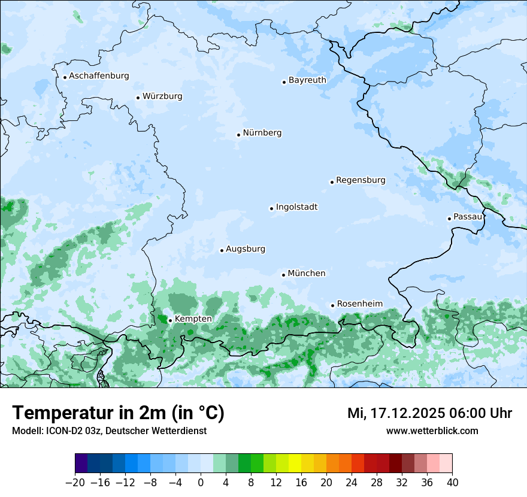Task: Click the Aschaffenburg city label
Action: pos(99,76)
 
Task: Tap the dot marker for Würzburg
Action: pos(138,98)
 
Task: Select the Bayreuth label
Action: pos(307,80)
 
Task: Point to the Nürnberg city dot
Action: pos(238,135)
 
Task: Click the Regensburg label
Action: pos(361,180)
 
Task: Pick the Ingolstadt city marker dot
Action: pos(271,209)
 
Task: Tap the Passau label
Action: pos(468,216)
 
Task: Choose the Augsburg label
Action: pos(246,249)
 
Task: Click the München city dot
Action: pos(283,275)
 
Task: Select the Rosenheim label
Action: pos(359,304)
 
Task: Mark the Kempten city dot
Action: pos(170,320)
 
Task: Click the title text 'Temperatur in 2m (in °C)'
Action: pos(118,413)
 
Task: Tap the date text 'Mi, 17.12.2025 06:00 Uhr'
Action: pos(429,413)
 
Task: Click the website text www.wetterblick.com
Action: pos(432,431)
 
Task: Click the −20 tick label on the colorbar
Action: pos(75,483)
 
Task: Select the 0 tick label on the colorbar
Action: pos(201,483)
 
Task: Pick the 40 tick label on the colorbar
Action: pos(452,483)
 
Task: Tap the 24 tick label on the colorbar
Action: pos(352,483)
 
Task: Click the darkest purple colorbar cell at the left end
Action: pos(81,463)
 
